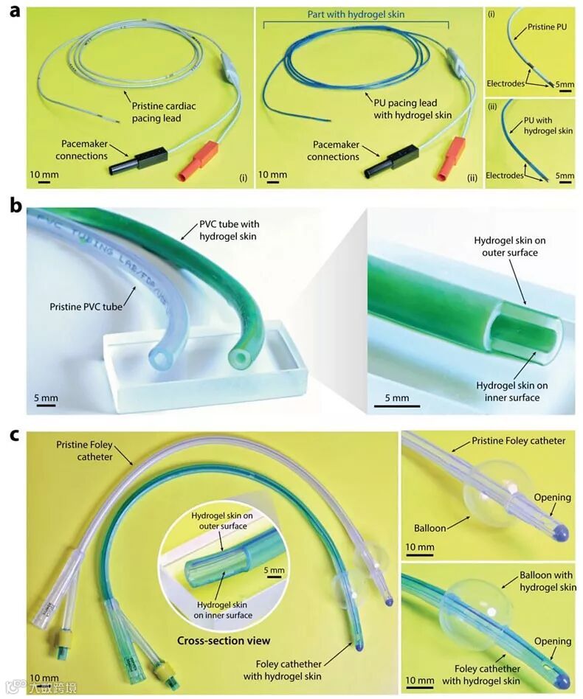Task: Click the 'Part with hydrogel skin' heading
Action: click(356, 14)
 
